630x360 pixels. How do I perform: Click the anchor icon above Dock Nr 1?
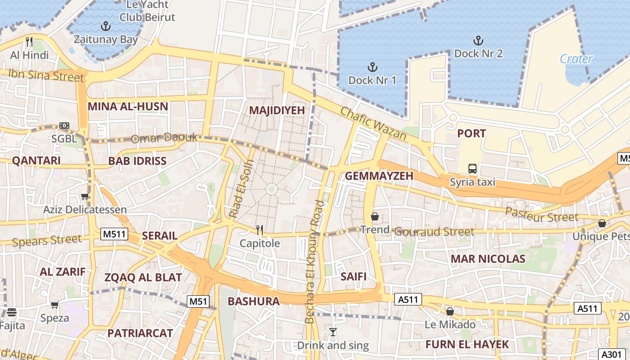pos(372,67)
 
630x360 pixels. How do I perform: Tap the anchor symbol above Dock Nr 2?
pos(478,40)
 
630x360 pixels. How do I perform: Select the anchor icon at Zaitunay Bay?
pos(106,26)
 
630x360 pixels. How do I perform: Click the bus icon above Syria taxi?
pos(472,169)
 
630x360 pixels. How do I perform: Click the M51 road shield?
pos(198,301)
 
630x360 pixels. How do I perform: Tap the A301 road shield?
pos(612,354)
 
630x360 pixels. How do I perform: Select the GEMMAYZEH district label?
pos(379,176)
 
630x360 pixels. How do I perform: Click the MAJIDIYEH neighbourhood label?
pos(277,110)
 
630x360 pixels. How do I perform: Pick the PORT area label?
pos(472,133)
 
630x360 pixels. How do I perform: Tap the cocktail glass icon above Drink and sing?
pos(333,332)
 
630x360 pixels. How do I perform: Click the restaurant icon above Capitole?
pos(260,230)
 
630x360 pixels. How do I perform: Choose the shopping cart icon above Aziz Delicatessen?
pos(85,196)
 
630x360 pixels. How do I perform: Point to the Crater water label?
pos(576,59)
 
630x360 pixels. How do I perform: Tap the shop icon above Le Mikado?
pos(450,311)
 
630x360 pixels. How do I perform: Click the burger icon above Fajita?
pos(12,312)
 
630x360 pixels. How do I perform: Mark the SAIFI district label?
pos(353,276)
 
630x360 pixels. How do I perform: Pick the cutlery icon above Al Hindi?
pos(29,42)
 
